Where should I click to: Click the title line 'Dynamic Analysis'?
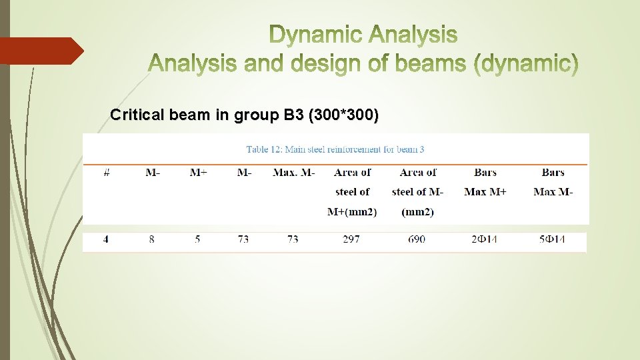[363, 35]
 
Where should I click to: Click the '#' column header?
[107, 173]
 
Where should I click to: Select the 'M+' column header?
[198, 173]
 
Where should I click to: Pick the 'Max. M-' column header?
[293, 173]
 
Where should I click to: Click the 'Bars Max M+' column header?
[485, 182]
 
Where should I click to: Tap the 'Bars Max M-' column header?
[553, 182]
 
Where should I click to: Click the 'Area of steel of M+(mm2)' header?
[352, 192]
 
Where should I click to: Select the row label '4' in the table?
[106, 239]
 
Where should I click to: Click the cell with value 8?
[152, 239]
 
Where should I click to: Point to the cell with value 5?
[197, 239]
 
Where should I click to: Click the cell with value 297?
[351, 239]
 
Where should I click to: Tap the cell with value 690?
[417, 239]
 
